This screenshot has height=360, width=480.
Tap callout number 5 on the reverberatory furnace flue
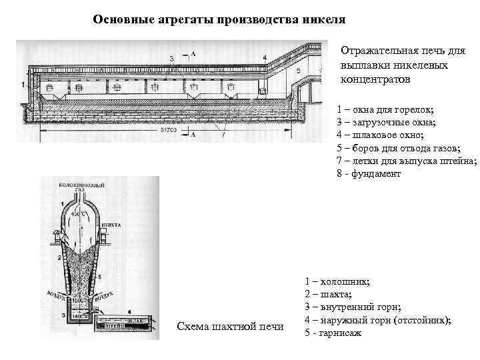pyautogui.click(x=298, y=69)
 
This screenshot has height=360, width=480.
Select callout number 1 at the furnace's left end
pyautogui.click(x=23, y=84)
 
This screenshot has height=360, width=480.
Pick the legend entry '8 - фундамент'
pyautogui.click(x=369, y=173)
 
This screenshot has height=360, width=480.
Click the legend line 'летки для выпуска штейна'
pyautogui.click(x=407, y=161)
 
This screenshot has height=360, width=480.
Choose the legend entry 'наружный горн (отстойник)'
pyautogui.click(x=377, y=320)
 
